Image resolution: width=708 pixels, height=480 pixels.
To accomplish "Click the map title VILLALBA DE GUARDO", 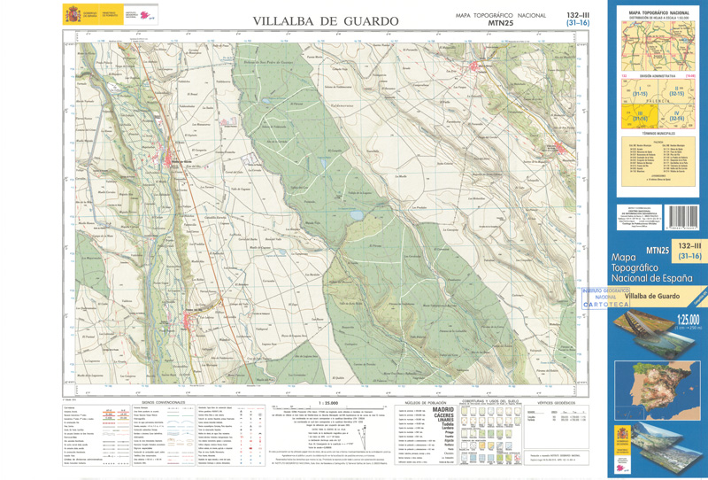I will (x=325, y=19).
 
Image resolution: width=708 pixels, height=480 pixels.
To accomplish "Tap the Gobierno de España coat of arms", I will (x=71, y=14).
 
